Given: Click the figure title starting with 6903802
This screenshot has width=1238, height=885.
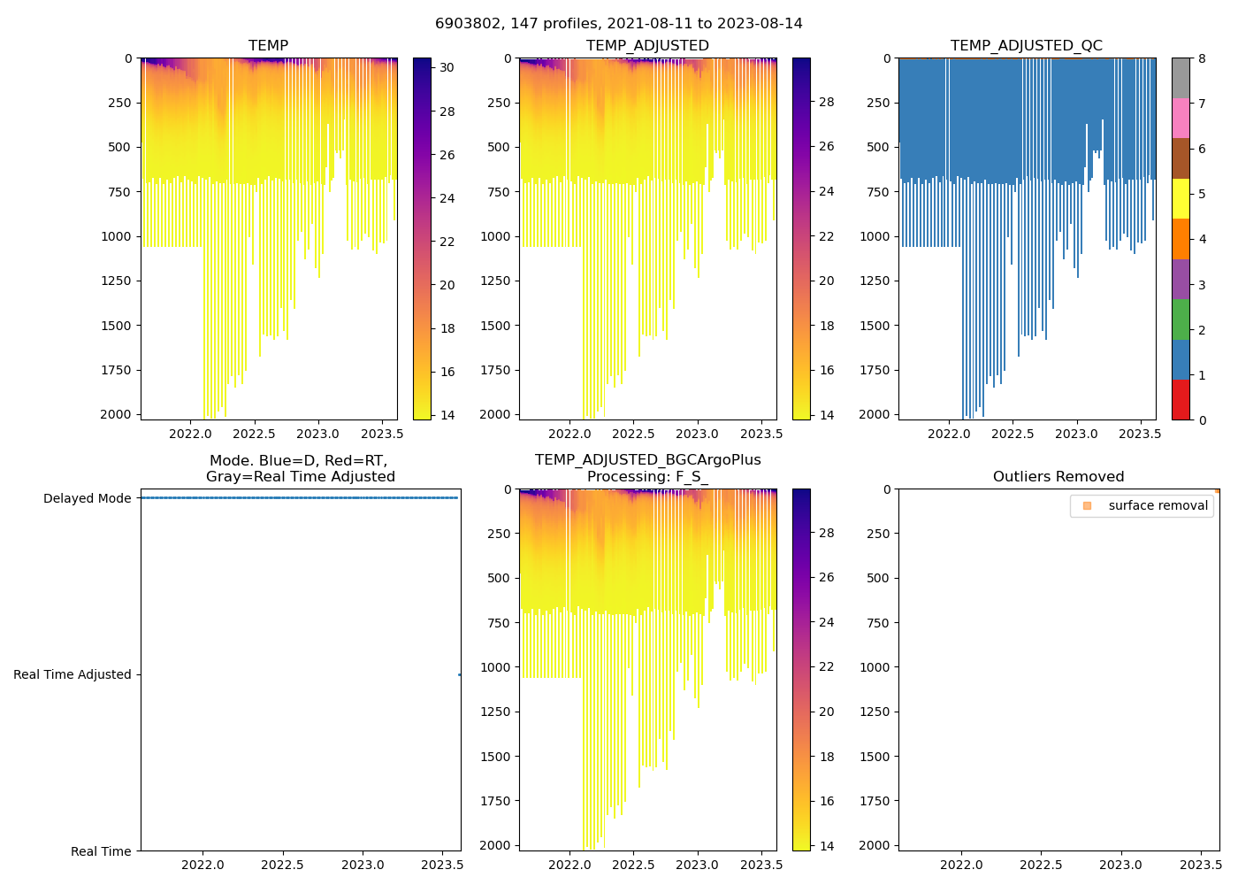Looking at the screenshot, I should coord(619,24).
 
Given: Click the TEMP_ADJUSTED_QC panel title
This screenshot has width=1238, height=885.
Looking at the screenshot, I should coord(1026,46).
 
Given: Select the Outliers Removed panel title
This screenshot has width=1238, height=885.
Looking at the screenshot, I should coord(1058,477).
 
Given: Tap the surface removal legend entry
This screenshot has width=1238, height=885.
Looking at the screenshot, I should coord(1158,506).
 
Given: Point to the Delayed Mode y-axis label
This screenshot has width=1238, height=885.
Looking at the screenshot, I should coord(87,499).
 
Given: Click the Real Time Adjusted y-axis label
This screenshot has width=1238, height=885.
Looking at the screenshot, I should coord(72,675).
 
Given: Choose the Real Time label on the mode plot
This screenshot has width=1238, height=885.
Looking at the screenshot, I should coord(101,851).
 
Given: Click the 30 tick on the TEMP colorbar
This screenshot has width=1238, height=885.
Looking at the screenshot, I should coord(447,68).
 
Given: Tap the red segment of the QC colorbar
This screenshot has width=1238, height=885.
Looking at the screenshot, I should coord(1181,400).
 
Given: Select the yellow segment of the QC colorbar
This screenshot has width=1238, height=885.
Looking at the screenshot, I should coord(1181,199).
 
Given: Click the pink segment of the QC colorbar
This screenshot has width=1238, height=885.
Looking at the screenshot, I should coord(1181,119).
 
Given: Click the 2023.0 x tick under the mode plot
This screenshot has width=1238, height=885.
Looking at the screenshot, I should coord(363,865).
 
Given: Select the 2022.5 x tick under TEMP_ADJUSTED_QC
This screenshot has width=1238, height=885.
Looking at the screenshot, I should coord(1013,435).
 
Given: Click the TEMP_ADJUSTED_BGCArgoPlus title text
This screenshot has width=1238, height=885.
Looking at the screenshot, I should coord(647,460).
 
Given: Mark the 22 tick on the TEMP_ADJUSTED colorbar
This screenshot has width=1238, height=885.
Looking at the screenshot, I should coord(826,236).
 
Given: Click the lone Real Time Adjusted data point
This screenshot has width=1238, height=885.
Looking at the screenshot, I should coord(459,675).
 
